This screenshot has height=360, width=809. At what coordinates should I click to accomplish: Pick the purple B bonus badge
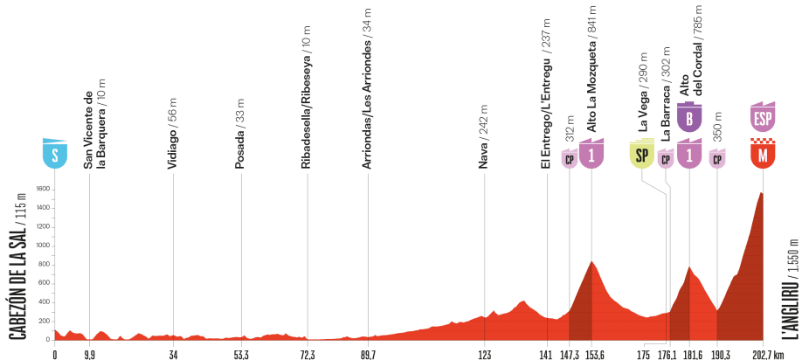690,117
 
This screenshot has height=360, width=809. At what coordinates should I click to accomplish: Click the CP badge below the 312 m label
570,159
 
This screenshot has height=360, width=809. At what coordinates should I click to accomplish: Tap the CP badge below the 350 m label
717,159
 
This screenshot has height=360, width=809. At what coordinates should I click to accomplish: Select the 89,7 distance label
368,356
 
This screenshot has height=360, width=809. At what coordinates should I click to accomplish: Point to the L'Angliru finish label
792,287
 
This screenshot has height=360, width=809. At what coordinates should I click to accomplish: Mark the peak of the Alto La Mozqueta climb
592,261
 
